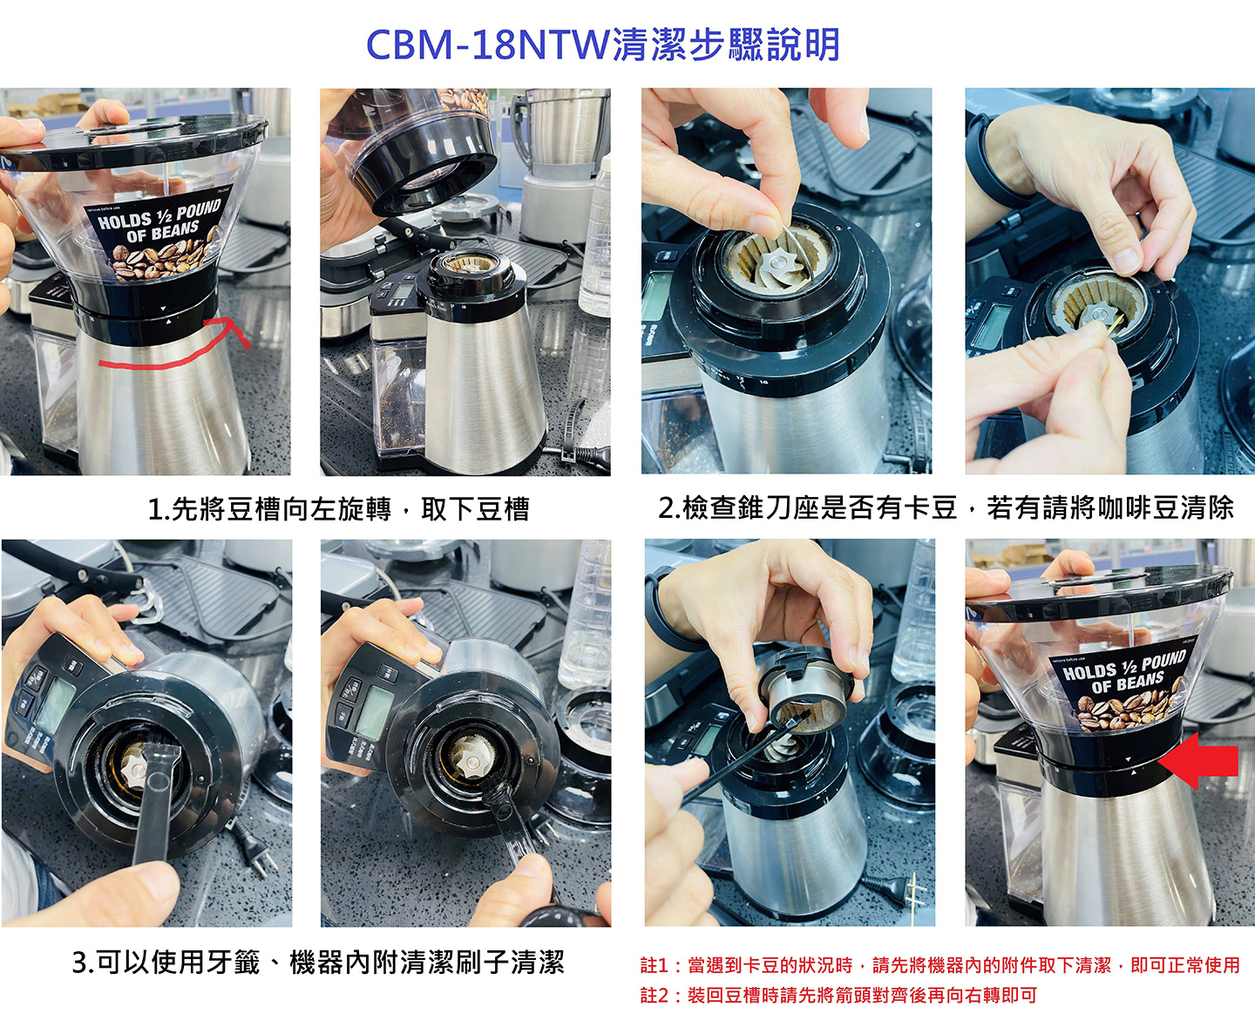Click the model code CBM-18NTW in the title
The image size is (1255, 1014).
[488, 44]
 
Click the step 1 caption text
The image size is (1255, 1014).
[338, 509]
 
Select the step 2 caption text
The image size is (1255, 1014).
[946, 507]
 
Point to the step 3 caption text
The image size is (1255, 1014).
[318, 963]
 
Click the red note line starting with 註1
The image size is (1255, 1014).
[940, 965]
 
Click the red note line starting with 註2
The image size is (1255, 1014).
[838, 995]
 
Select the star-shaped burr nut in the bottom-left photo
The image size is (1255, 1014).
[133, 767]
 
